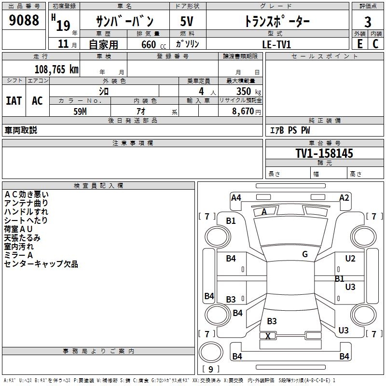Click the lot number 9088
click(x=24, y=20)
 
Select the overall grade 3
click(x=368, y=22)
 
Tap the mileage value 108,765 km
click(x=56, y=69)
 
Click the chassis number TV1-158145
click(x=324, y=153)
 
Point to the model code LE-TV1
click(x=276, y=44)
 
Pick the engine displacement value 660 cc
click(x=153, y=45)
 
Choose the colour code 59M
click(x=80, y=111)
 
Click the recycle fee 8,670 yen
click(x=247, y=111)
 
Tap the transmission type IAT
click(x=14, y=101)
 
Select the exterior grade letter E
click(x=360, y=44)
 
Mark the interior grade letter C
click(x=375, y=44)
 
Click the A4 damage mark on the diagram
click(x=236, y=198)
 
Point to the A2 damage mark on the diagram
click(x=344, y=198)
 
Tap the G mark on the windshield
click(x=305, y=254)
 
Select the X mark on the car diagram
click(x=268, y=336)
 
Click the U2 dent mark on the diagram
click(x=350, y=259)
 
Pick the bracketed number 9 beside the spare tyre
click(x=211, y=369)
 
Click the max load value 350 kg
click(x=248, y=91)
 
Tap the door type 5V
click(x=187, y=21)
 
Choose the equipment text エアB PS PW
click(x=290, y=130)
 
